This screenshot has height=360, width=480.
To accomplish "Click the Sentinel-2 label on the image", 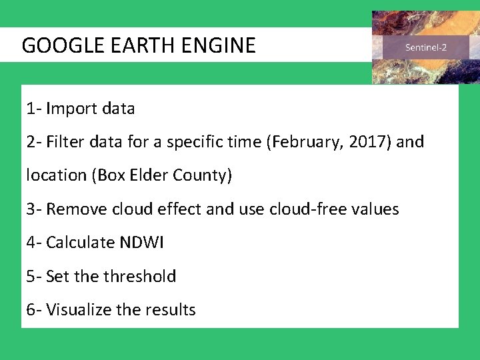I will pos(426,48).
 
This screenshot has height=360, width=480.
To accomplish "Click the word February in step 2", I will pos(301,142).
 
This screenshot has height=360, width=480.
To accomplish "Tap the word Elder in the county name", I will pos(153,175).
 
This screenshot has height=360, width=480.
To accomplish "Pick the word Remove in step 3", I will pos(73,209).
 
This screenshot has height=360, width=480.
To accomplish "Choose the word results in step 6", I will pos(173,310).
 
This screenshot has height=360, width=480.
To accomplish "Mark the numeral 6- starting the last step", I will pos(34,310).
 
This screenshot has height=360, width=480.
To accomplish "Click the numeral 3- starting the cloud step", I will pos(34,209).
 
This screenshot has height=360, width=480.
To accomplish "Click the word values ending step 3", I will pos(376,209).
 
